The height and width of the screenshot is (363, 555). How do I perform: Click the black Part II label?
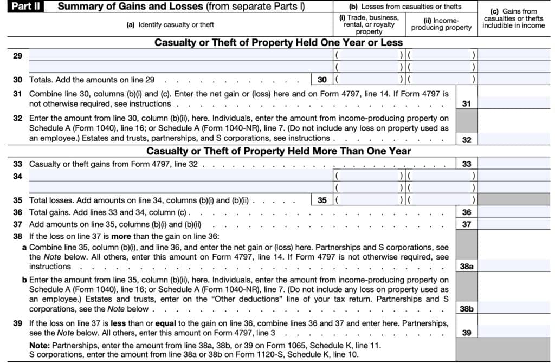click(x=24, y=7)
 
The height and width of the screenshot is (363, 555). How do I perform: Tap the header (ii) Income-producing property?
click(x=441, y=24)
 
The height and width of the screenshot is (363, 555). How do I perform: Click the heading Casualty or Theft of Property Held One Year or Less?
click(x=279, y=42)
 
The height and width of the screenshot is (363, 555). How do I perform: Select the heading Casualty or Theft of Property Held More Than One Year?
click(x=279, y=151)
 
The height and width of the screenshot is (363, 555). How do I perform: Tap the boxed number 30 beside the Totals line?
click(x=322, y=80)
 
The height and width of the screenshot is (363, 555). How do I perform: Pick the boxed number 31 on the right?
click(x=467, y=103)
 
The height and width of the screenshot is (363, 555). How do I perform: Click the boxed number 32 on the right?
click(x=467, y=139)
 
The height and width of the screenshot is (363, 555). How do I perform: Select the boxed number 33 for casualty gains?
click(x=467, y=164)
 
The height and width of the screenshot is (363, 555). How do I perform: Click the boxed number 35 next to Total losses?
click(x=322, y=200)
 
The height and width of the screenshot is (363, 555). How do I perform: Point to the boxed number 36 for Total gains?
click(x=467, y=212)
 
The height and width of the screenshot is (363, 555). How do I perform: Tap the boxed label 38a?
click(x=467, y=267)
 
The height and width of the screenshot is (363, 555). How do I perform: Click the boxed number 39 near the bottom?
click(x=467, y=333)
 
